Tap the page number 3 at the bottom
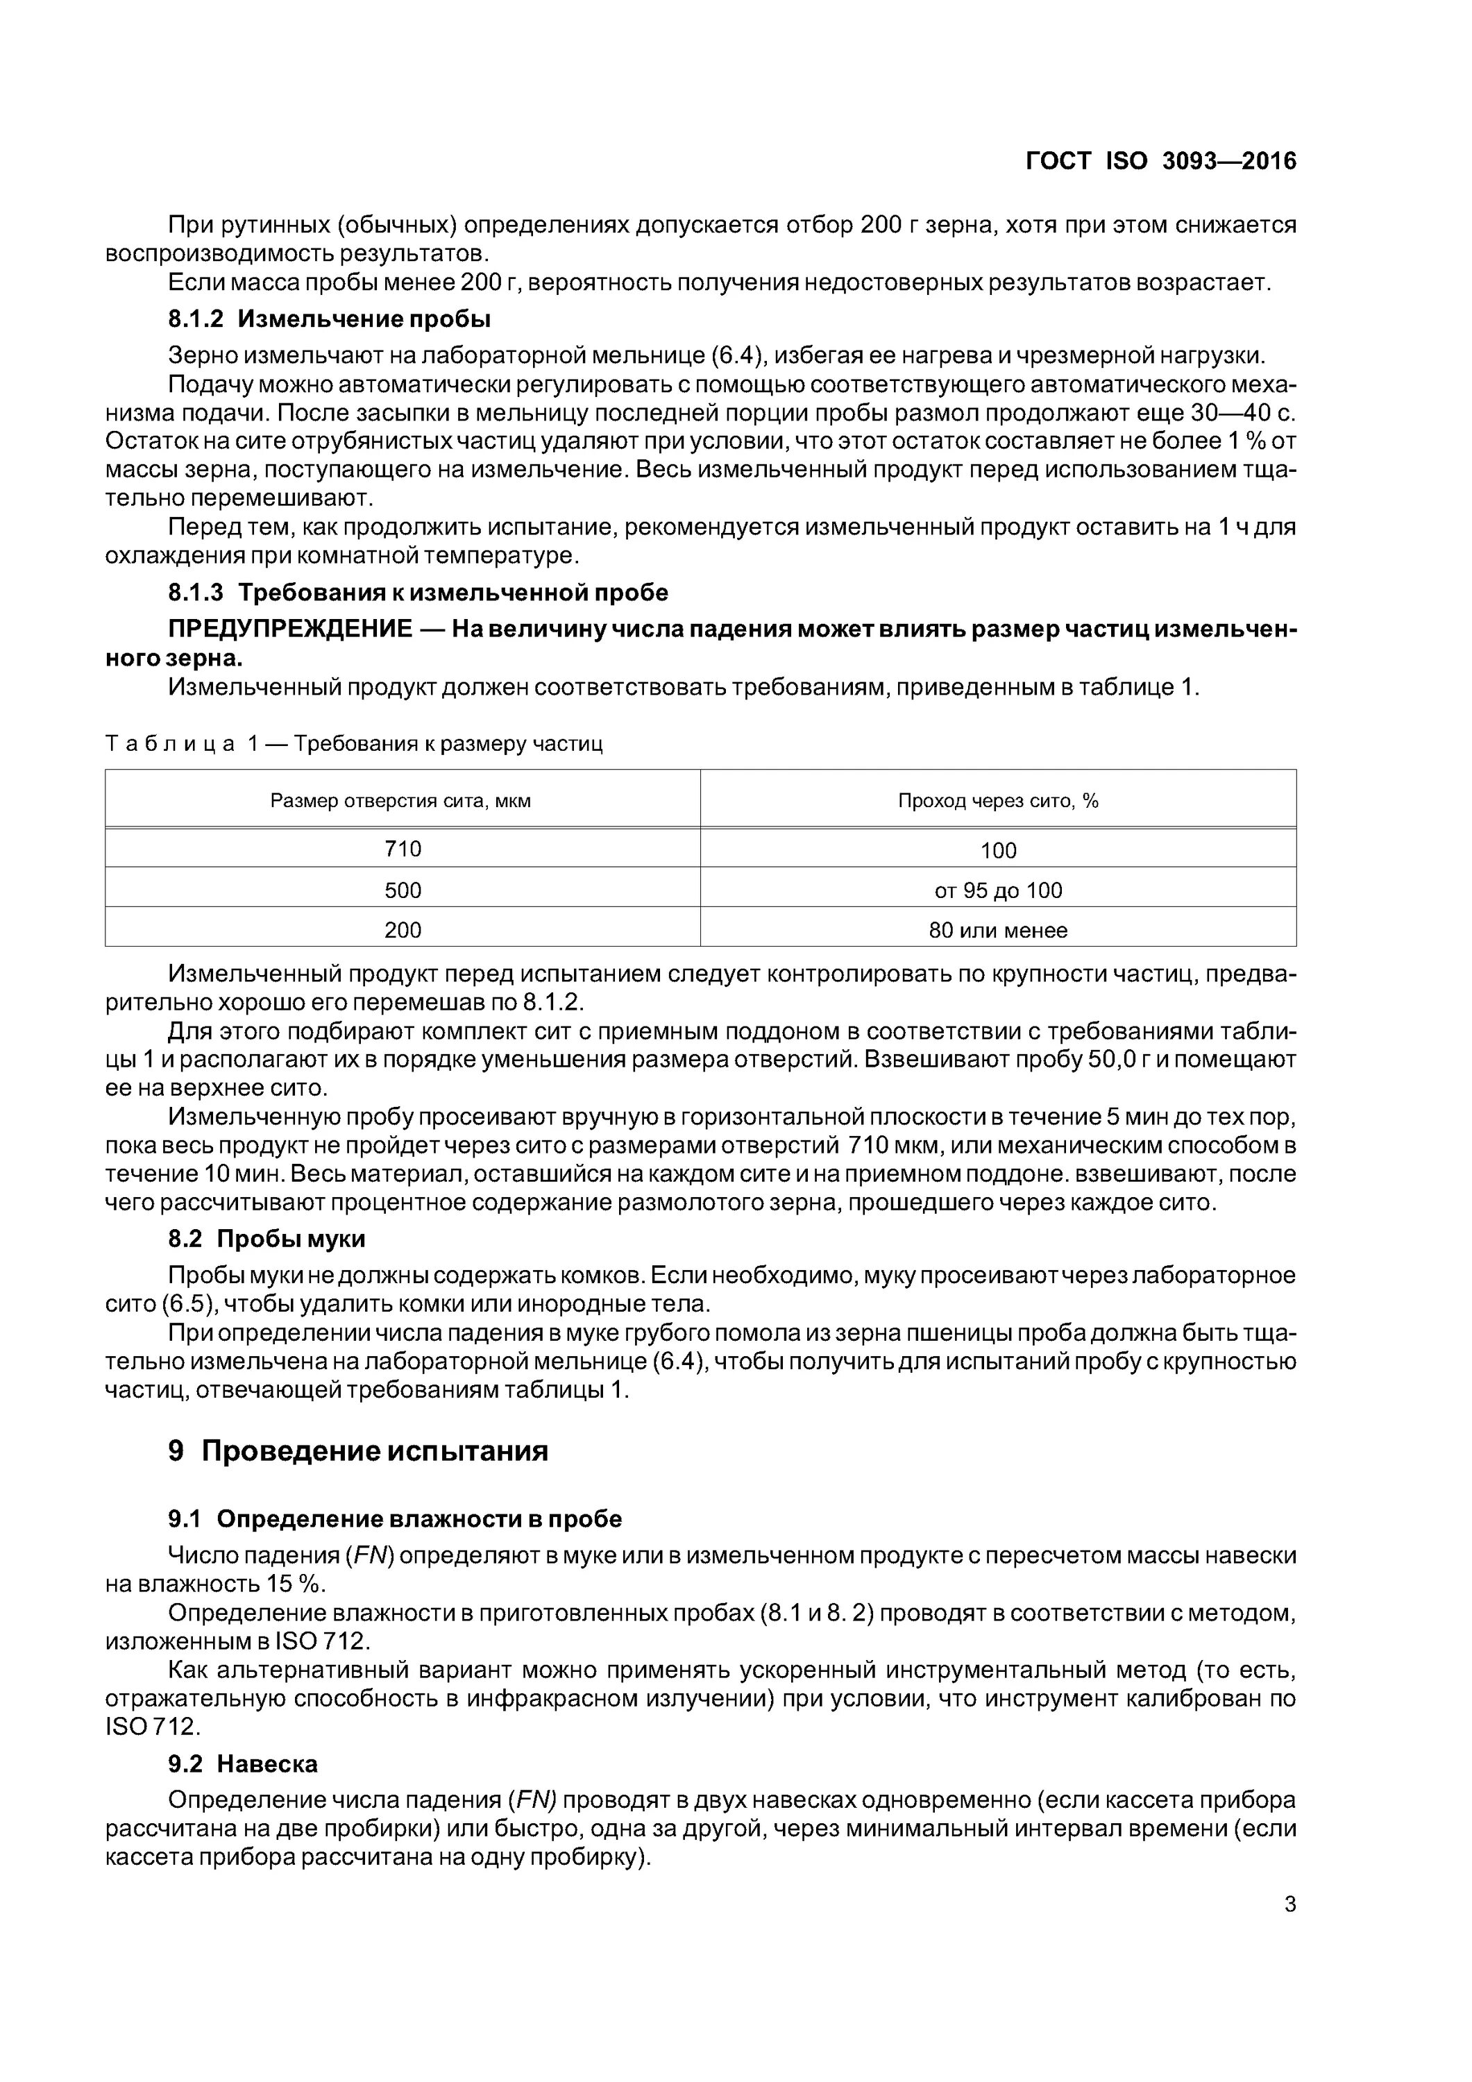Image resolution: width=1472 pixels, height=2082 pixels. [x=1289, y=1904]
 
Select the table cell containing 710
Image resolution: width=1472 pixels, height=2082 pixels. [x=403, y=849]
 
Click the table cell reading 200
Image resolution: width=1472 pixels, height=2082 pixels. [x=403, y=929]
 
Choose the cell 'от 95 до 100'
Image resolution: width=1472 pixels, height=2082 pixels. [x=998, y=890]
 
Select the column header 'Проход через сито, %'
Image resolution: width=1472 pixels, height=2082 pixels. [x=998, y=801]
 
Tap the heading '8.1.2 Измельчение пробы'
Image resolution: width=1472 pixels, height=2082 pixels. [x=329, y=319]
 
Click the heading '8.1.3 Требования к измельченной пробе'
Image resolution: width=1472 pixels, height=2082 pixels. [x=418, y=592]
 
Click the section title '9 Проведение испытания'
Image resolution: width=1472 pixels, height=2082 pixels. [x=358, y=1451]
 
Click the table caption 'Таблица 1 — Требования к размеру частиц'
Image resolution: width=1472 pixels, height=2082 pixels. [x=354, y=745]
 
